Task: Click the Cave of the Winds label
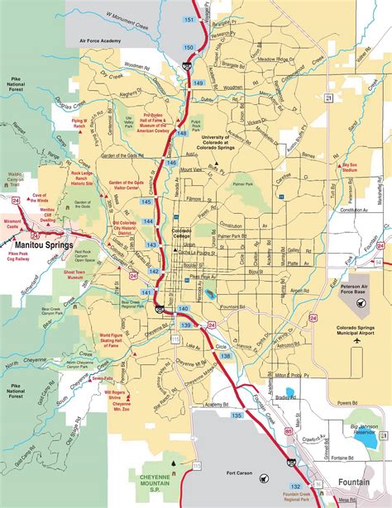[47, 197]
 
